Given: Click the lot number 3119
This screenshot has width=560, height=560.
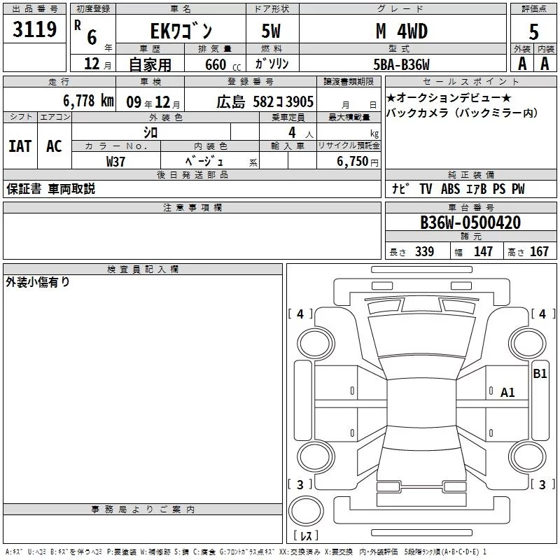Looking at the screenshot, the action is point(34,29).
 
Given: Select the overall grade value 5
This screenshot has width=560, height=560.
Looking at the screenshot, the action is point(533,31).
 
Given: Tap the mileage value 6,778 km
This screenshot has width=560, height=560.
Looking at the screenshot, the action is point(89,101).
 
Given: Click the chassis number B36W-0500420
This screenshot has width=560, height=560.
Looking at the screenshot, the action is point(470,223).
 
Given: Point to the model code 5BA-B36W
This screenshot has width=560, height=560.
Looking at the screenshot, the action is point(401,64).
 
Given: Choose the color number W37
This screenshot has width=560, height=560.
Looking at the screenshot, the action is point(115,162).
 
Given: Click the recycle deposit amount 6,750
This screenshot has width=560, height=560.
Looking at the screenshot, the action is point(353,162).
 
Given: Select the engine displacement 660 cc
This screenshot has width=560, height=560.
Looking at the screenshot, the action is point(223,64).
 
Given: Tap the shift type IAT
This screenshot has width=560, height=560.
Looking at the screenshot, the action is point(20,146).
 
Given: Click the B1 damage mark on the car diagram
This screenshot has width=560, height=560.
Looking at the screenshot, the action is point(540,374).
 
